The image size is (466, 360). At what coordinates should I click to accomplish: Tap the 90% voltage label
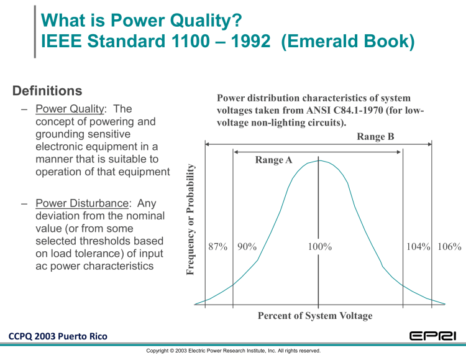[247, 247]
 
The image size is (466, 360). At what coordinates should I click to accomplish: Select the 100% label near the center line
[320, 247]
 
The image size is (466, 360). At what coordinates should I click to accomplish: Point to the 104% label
[418, 247]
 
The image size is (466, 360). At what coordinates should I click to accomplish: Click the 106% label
[449, 247]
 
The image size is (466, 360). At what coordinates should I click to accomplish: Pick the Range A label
[273, 160]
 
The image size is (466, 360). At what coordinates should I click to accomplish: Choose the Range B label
[375, 137]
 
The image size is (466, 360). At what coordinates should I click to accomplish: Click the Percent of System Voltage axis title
[315, 316]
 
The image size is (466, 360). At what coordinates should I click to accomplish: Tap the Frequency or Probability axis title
[191, 219]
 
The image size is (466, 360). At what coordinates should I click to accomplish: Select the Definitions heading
[47, 91]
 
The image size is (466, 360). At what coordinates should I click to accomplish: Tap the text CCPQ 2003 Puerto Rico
[58, 336]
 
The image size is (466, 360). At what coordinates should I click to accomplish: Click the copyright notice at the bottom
[233, 351]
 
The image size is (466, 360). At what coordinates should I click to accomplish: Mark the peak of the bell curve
[319, 160]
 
